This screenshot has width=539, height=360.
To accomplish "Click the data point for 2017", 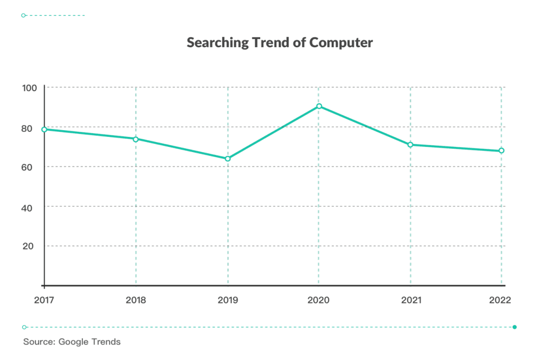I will pyautogui.click(x=45, y=129).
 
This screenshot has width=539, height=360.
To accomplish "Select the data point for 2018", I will pyautogui.click(x=136, y=139).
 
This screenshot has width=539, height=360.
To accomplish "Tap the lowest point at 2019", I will pyautogui.click(x=228, y=159).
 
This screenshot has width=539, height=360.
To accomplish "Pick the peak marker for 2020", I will pyautogui.click(x=319, y=106).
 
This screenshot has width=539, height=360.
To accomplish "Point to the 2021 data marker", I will pyautogui.click(x=410, y=145).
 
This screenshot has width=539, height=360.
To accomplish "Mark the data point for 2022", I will pyautogui.click(x=501, y=151).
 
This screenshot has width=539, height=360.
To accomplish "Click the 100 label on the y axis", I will pyautogui.click(x=29, y=88).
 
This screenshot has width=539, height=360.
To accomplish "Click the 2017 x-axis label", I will pyautogui.click(x=44, y=300).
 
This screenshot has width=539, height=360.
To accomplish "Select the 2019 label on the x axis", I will pyautogui.click(x=228, y=300).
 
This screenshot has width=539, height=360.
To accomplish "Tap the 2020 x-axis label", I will pyautogui.click(x=319, y=300).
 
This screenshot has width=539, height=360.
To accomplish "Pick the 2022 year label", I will pyautogui.click(x=501, y=300).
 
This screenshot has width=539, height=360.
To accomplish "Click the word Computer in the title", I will pyautogui.click(x=341, y=43).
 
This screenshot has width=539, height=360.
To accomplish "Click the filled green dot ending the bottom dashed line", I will pyautogui.click(x=515, y=327).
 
